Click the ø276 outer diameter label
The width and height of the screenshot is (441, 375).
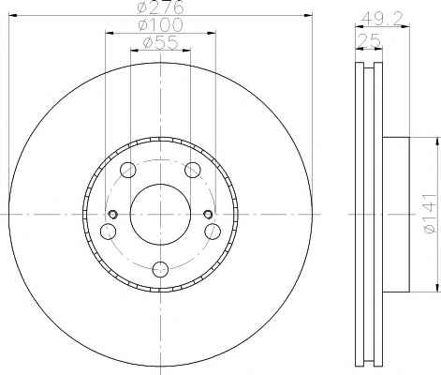(160, 7)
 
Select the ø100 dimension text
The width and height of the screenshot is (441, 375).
(160, 25)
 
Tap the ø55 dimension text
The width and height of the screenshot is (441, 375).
(160, 42)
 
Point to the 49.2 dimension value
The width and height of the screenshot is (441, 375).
(381, 20)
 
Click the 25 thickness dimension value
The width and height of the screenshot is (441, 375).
(369, 40)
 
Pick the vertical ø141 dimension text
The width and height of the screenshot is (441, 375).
(430, 214)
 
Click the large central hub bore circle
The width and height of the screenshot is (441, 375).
(160, 215)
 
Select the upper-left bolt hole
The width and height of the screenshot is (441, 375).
(128, 171)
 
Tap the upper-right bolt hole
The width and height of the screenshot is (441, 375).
(193, 171)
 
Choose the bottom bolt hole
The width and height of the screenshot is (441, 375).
(160, 269)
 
